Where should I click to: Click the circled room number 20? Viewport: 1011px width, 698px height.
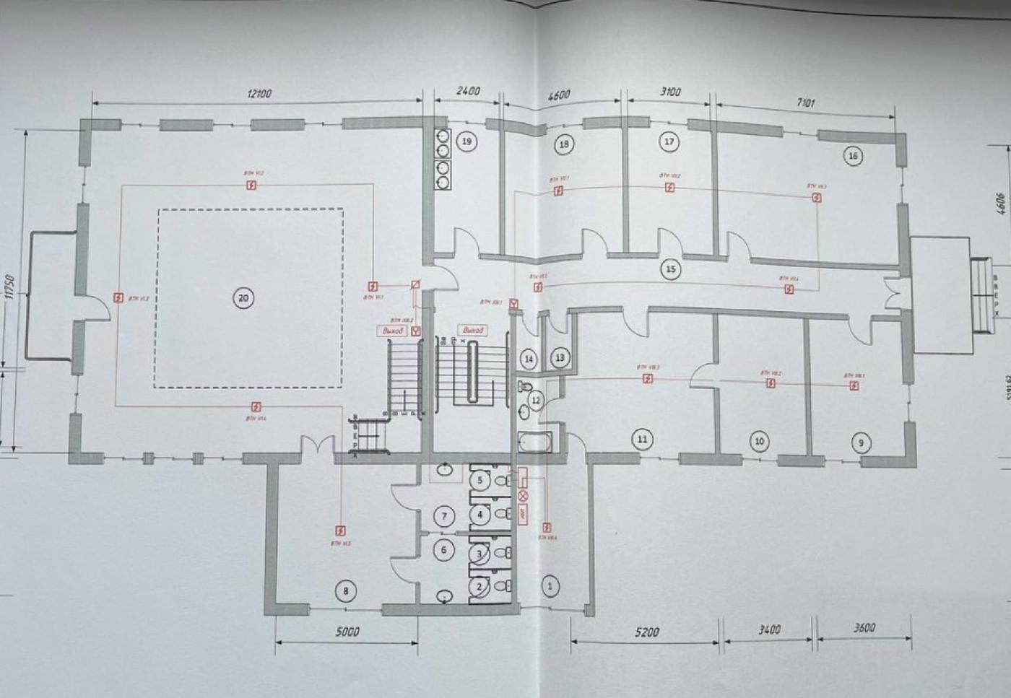point(243,297)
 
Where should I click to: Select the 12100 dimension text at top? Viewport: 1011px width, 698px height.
point(259,94)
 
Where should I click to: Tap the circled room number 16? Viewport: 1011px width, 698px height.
point(853,156)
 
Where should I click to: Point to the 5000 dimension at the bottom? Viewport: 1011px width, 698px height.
point(347,632)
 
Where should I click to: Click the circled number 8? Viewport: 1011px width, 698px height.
point(346,591)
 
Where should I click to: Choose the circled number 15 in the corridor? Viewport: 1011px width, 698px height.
point(671,269)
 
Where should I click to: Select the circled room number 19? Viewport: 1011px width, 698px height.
point(467,141)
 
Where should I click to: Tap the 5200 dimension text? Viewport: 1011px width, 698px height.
point(646,632)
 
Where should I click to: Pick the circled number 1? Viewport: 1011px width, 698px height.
point(550,586)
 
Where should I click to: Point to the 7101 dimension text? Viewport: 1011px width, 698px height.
point(805,103)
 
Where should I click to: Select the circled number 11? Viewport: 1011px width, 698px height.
point(641,439)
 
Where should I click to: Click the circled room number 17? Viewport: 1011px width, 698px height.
point(669,141)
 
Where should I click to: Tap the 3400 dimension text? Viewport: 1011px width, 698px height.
point(770,629)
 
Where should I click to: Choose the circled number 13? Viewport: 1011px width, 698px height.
point(560,357)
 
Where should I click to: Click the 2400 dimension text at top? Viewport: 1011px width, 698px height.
point(468,92)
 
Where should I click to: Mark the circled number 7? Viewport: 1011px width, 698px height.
point(445,515)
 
